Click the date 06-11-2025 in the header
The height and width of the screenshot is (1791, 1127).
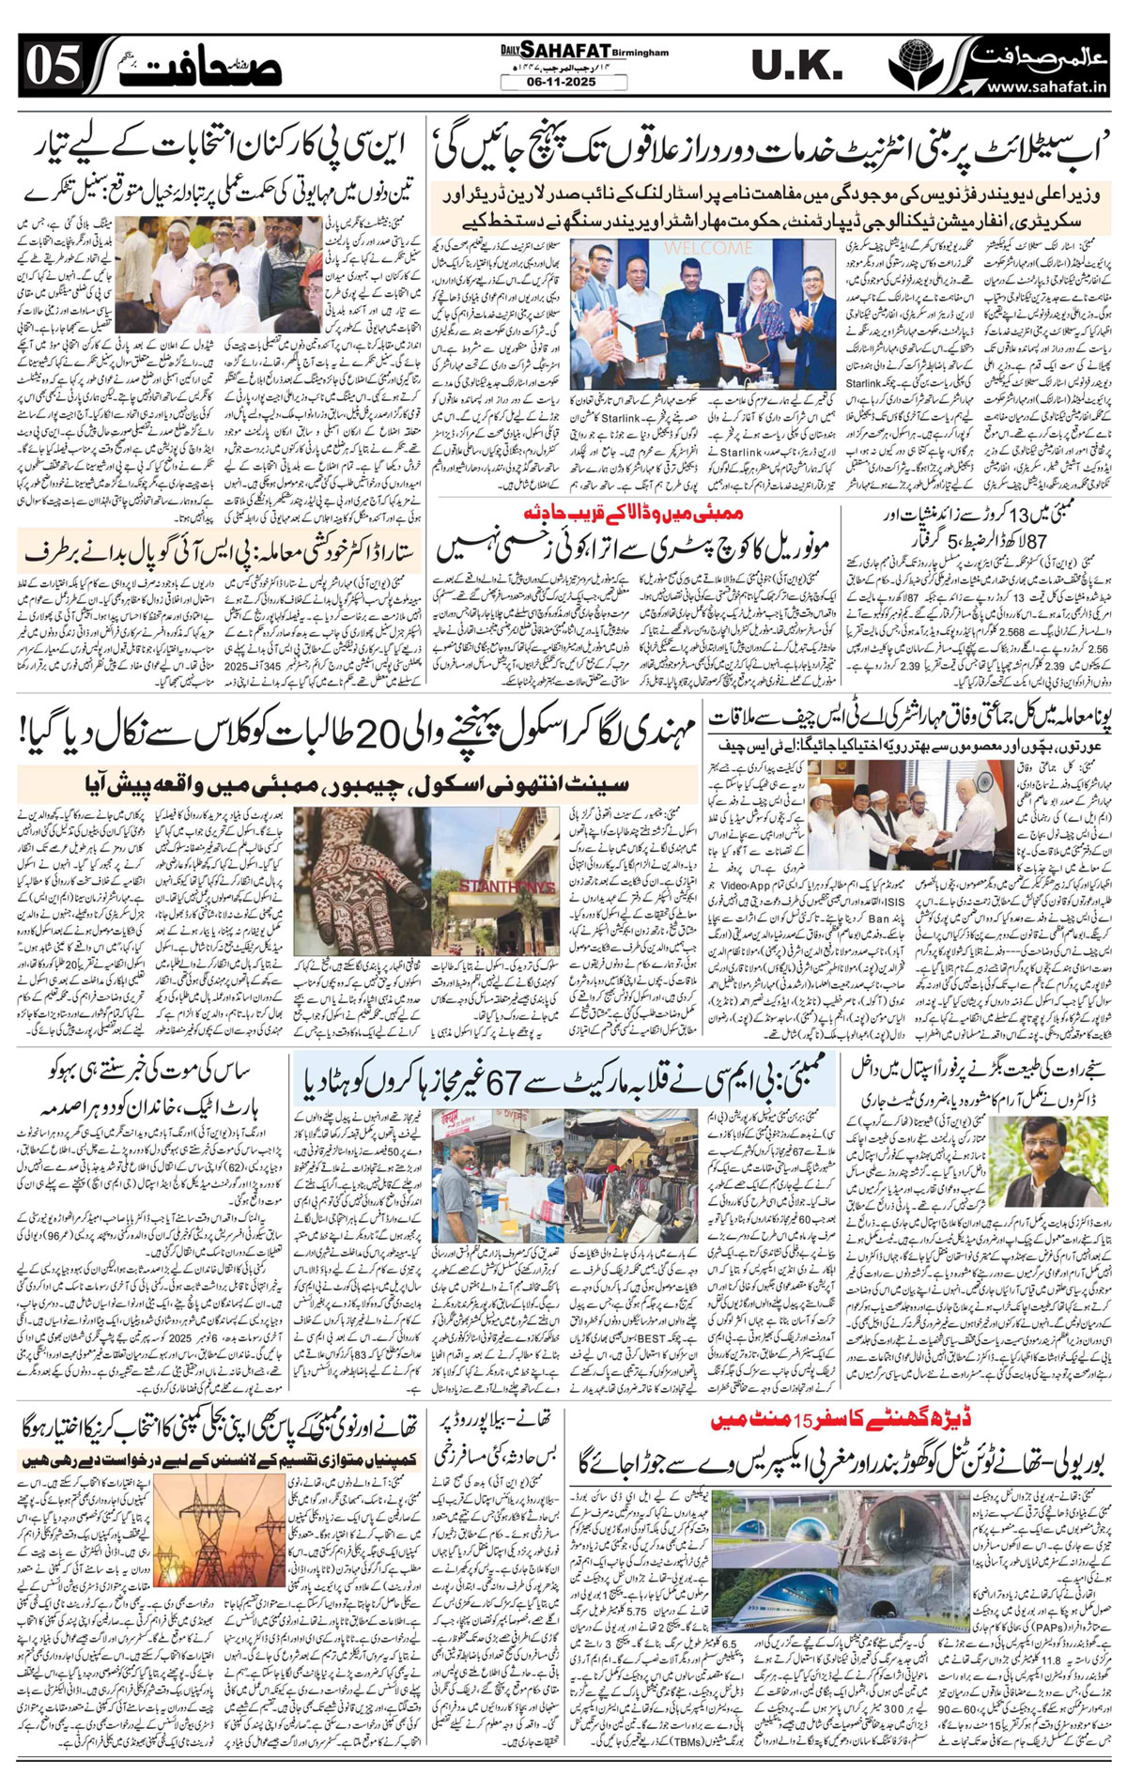(x=563, y=82)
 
